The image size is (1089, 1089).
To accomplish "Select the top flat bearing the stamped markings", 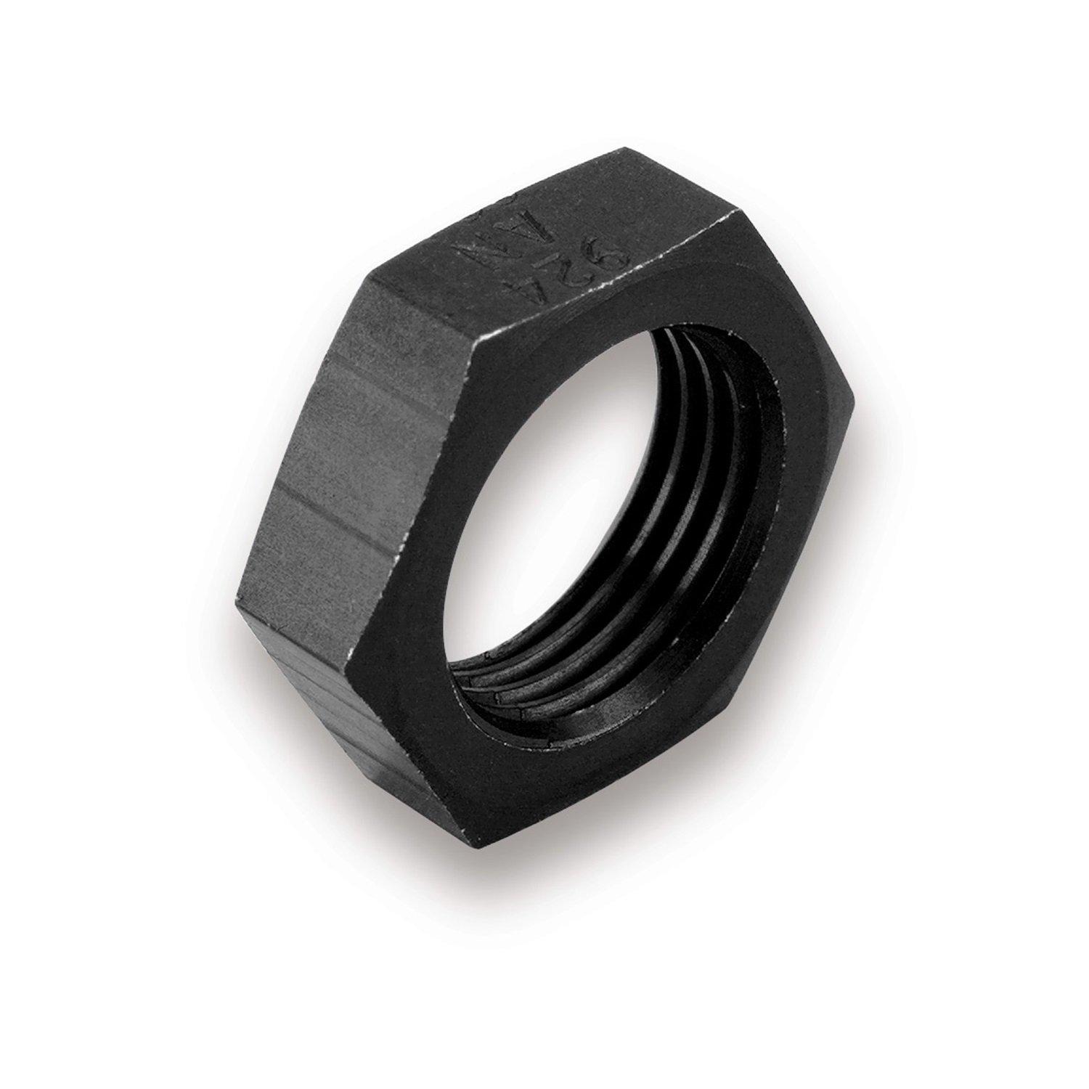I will (552, 240).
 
